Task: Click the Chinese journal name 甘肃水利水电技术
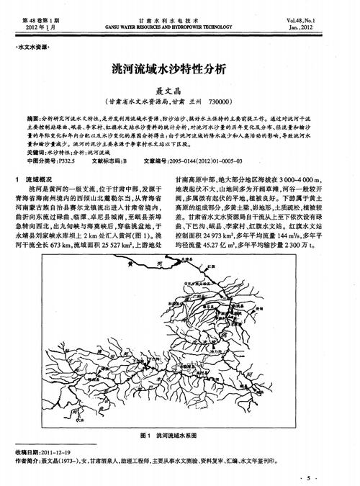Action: (179, 12)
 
